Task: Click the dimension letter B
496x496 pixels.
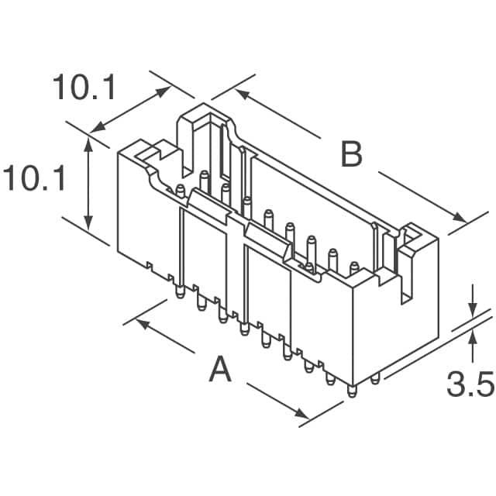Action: [351, 154]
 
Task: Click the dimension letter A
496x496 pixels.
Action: [220, 369]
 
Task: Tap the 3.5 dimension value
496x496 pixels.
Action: [470, 384]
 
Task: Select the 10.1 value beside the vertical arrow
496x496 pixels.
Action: [34, 178]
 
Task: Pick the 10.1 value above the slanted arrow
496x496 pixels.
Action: [84, 87]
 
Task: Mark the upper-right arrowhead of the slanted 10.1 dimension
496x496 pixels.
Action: [164, 91]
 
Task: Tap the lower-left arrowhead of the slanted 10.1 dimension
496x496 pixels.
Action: [98, 127]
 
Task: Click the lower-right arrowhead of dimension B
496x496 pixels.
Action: [460, 218]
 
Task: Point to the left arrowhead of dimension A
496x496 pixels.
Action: [143, 324]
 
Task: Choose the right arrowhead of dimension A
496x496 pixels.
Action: [301, 413]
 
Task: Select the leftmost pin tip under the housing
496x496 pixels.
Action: [180, 293]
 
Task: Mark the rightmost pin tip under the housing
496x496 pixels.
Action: [375, 379]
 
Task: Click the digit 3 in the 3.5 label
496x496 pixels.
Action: [456, 384]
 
